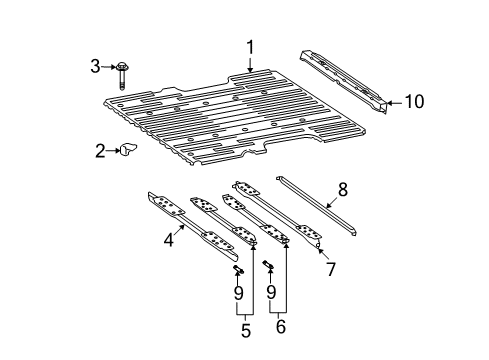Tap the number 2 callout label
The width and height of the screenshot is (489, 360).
(x=100, y=151)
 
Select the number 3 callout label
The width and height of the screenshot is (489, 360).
(x=95, y=67)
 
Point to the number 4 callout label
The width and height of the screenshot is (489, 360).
(x=169, y=241)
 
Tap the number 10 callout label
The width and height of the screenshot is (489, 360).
(x=414, y=101)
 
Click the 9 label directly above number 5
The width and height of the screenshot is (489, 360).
(x=239, y=293)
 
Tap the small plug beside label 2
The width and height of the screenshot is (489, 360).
(x=127, y=151)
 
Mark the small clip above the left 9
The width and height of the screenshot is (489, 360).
(x=239, y=270)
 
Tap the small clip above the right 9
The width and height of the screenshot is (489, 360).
(x=269, y=265)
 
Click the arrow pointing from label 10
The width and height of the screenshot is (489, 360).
(x=392, y=101)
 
